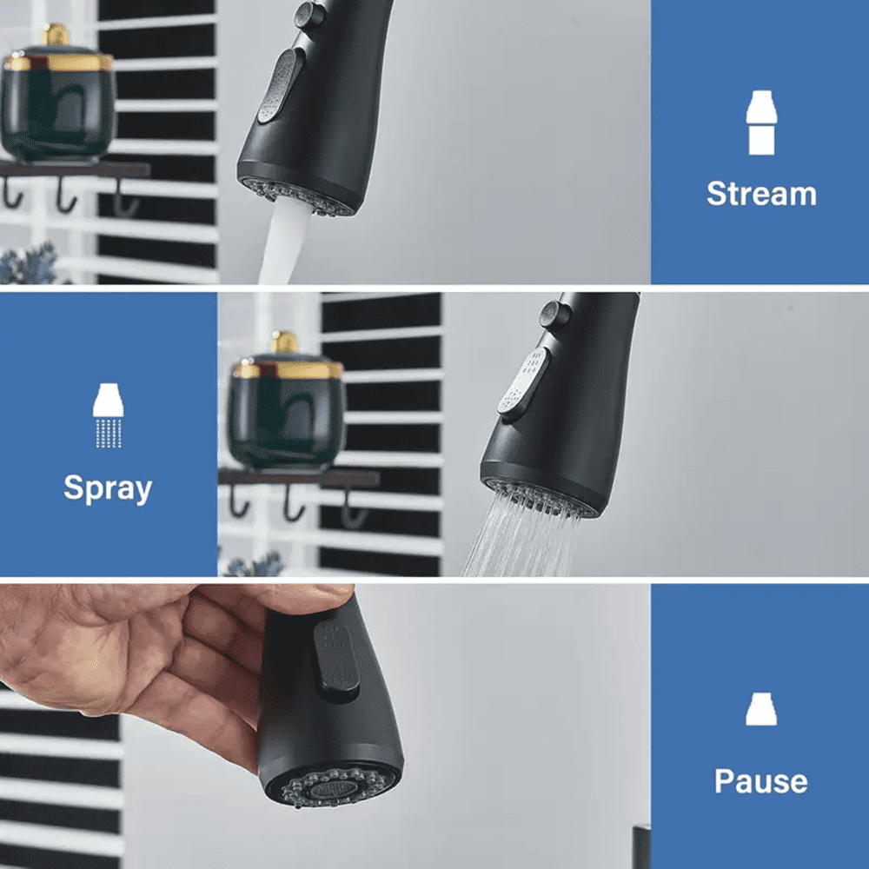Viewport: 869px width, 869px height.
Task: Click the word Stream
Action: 761,194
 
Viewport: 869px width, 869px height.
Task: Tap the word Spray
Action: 108,488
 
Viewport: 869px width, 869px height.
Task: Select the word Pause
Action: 761,781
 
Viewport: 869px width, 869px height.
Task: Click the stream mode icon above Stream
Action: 761,123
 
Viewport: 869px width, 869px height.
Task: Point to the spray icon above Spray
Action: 108,415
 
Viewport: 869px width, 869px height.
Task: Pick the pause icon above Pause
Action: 761,709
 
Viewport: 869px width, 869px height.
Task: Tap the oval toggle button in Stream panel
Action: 281,86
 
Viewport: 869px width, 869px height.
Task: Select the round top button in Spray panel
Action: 554,315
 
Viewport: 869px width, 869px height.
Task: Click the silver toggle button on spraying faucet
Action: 523,381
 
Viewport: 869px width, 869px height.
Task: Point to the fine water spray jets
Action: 521,534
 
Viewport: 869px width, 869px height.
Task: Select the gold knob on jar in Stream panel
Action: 56,35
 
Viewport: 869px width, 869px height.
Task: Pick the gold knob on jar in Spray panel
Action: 284,342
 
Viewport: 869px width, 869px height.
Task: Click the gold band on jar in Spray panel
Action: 288,369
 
